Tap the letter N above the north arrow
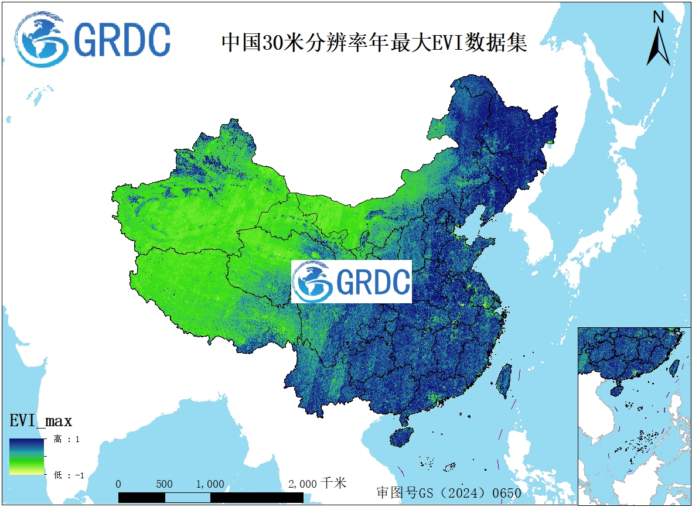coord(659,18)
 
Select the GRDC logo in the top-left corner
coord(94,40)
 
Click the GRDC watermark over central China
coord(352,282)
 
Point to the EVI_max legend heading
coord(40,420)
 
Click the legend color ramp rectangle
coord(26,456)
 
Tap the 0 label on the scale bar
coord(119,484)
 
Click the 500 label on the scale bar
coord(165,484)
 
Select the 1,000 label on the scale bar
coord(210,484)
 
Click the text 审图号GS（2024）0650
coord(449,492)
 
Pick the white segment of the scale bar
coord(188,498)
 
